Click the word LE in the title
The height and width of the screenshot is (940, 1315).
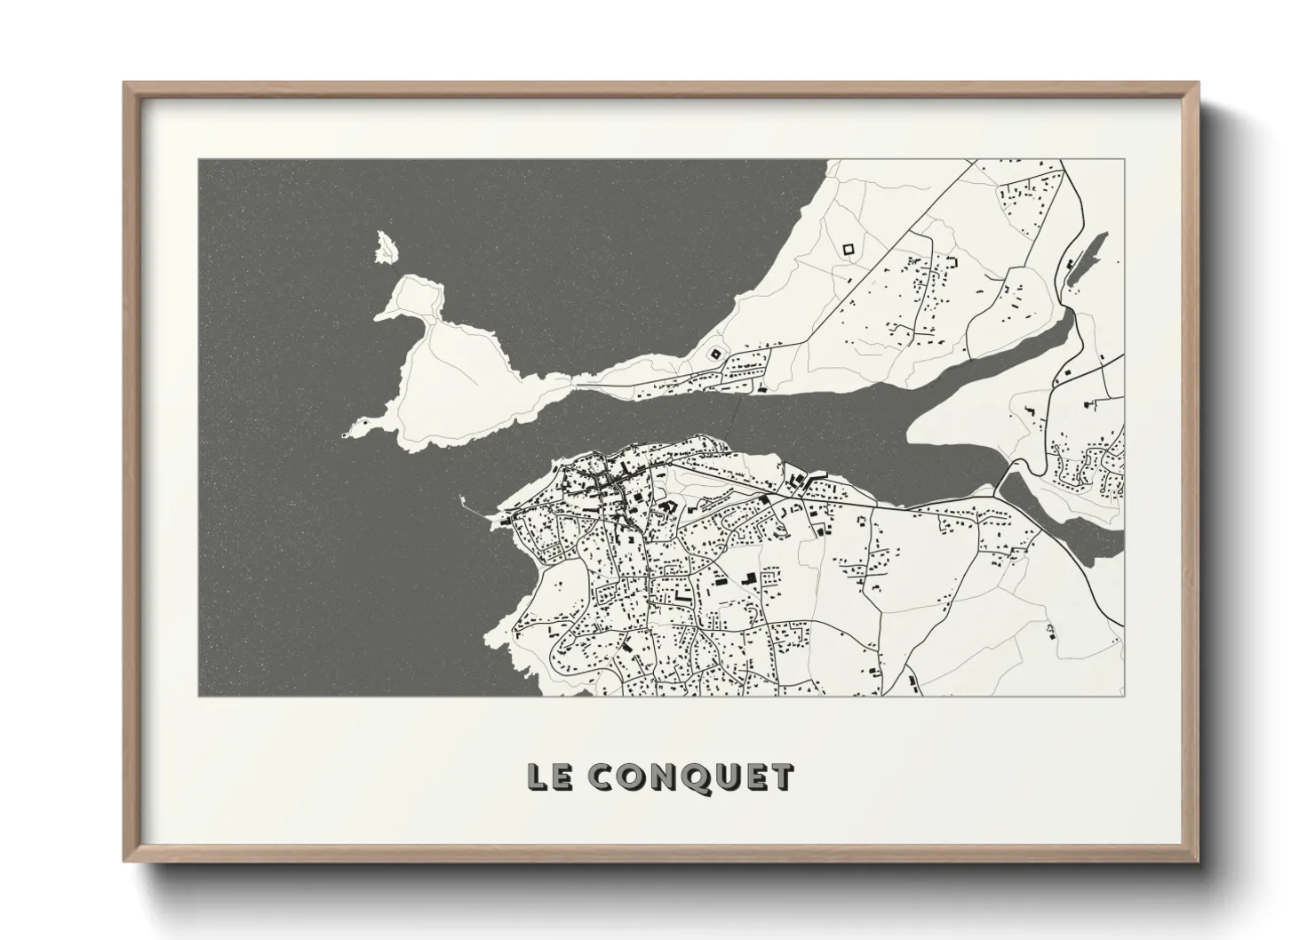click(x=550, y=777)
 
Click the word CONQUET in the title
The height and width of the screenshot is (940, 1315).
click(x=690, y=777)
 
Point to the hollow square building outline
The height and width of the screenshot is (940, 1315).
click(x=847, y=250)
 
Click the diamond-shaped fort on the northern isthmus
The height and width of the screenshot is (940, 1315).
click(x=713, y=353)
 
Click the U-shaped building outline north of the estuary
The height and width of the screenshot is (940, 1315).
click(x=955, y=263)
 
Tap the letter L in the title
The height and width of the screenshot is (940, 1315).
click(x=538, y=777)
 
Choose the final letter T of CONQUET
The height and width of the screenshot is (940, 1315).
click(x=782, y=777)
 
